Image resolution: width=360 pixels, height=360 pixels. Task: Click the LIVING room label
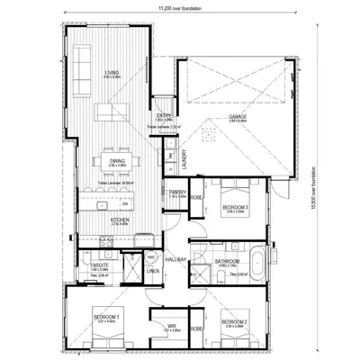[112, 72]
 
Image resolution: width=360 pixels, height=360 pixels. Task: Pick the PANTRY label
[175, 192]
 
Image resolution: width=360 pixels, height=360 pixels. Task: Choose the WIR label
[169, 327]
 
